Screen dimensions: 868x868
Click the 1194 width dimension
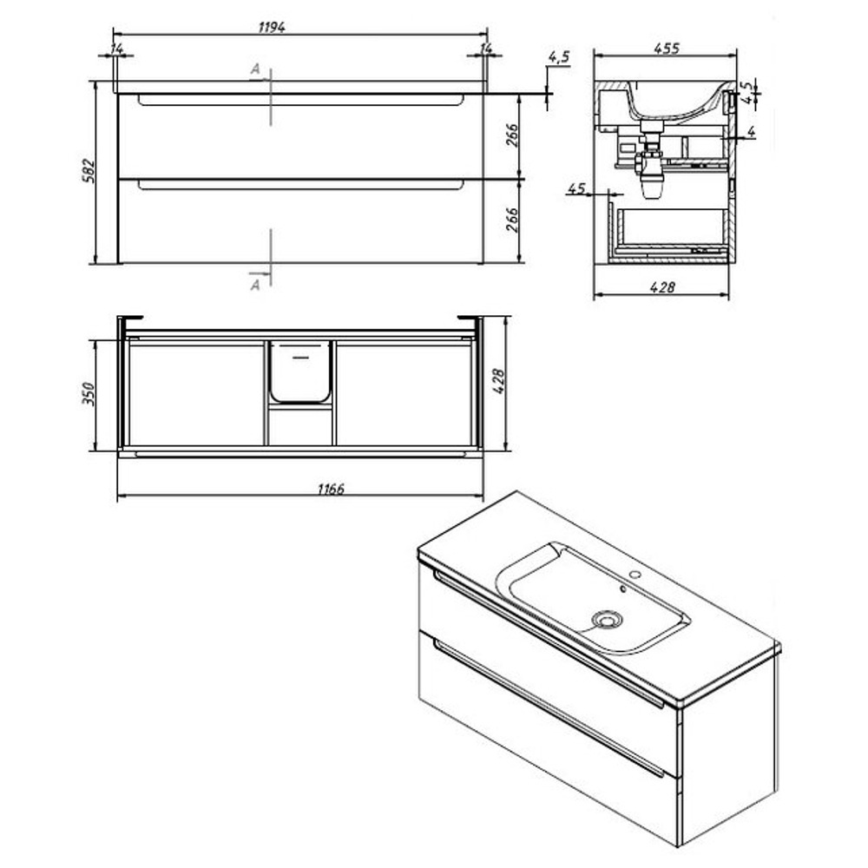(x=272, y=27)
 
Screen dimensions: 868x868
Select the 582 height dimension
(x=89, y=171)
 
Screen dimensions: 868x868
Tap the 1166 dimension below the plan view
(x=331, y=489)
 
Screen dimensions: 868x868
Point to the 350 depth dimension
(x=89, y=393)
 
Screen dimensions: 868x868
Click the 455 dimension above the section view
(x=666, y=48)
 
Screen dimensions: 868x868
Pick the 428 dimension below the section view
(x=662, y=286)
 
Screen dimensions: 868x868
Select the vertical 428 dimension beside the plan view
(x=498, y=381)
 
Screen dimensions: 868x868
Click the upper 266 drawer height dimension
(x=512, y=135)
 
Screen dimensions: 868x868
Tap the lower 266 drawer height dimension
(x=512, y=220)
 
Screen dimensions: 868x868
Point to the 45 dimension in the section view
(x=576, y=188)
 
